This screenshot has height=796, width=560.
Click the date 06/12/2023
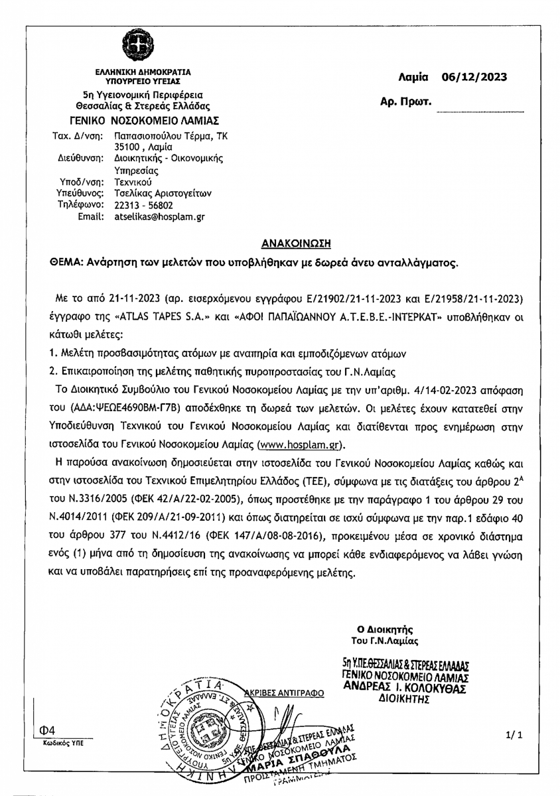(474, 76)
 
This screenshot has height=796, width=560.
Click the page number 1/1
(515, 735)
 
